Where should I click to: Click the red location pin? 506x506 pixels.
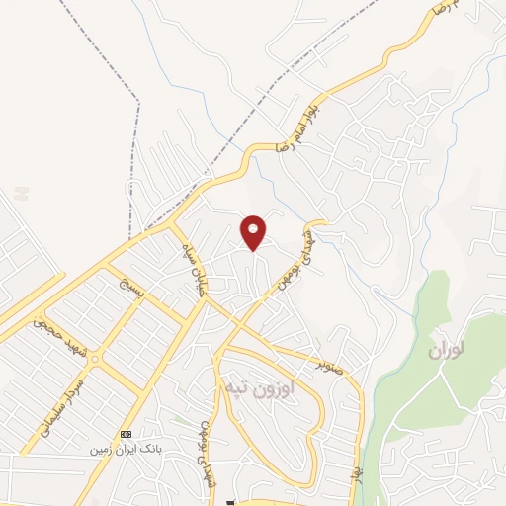(x=254, y=231)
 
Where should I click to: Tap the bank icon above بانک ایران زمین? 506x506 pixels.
(x=126, y=435)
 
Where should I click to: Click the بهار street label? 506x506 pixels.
(x=351, y=472)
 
